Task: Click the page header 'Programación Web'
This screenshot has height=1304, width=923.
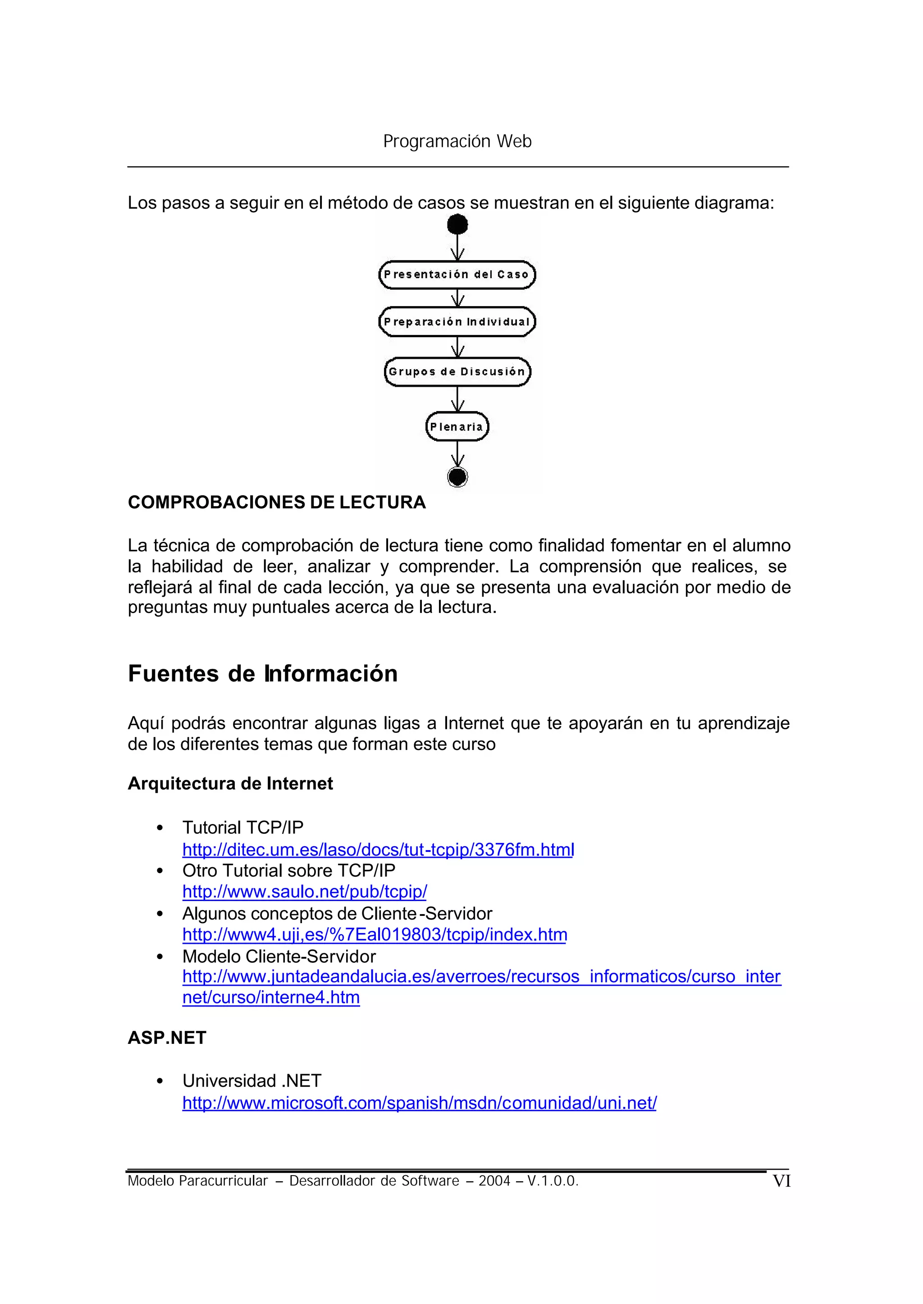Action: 457,141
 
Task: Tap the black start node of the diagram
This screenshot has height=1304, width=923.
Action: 457,224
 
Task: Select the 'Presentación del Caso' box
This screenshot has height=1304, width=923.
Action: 457,275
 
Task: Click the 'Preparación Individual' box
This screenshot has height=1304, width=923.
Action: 457,322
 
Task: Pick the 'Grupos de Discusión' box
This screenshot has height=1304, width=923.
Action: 457,372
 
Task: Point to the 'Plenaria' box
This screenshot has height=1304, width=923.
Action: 457,426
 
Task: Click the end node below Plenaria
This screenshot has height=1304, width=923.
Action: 457,476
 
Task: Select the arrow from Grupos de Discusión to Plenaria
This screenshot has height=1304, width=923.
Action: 457,399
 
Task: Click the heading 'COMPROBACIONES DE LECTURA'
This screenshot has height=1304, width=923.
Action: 277,503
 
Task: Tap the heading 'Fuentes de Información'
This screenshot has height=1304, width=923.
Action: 263,673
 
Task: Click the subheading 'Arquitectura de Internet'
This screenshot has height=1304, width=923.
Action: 230,783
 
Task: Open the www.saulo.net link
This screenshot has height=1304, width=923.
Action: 305,891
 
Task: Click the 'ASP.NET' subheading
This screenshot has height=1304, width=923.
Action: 167,1038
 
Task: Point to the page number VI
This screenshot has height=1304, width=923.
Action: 781,1181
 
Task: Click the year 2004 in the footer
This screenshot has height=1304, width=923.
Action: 494,1181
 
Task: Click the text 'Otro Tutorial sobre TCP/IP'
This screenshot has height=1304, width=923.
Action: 289,870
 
